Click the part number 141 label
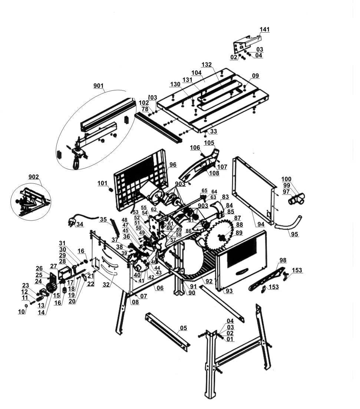[264, 30]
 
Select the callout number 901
[98, 86]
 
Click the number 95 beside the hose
[294, 234]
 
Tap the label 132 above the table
[207, 65]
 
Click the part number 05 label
[183, 328]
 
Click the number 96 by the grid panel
[173, 164]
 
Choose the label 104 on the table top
[196, 73]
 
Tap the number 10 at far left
[22, 312]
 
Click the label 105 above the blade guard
[209, 143]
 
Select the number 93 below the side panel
[229, 291]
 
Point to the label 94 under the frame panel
[261, 224]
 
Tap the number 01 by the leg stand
[230, 339]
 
